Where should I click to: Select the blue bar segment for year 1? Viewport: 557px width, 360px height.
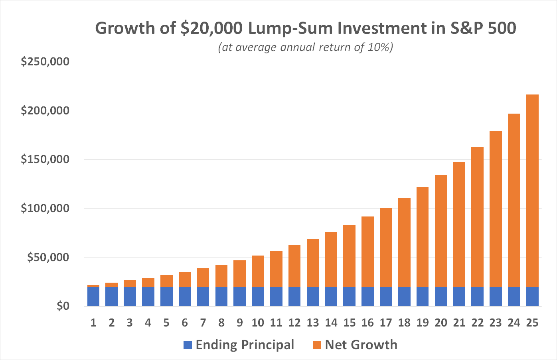click(93, 297)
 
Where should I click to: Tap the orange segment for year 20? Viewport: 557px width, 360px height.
click(441, 231)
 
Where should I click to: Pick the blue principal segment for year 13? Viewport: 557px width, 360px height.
click(313, 297)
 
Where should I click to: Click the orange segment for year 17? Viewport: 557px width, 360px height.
click(386, 247)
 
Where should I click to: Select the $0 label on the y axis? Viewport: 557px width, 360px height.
click(63, 306)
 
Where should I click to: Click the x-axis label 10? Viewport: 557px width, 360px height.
click(258, 323)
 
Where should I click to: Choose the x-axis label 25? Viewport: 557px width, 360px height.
click(532, 323)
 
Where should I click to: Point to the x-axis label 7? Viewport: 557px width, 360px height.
click(203, 323)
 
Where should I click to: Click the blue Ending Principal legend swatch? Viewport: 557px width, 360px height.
click(188, 345)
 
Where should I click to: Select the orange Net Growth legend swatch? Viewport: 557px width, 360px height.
click(317, 345)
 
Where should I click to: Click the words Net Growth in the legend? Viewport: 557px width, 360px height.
click(361, 345)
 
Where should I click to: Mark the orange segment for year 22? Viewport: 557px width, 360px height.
click(477, 217)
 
